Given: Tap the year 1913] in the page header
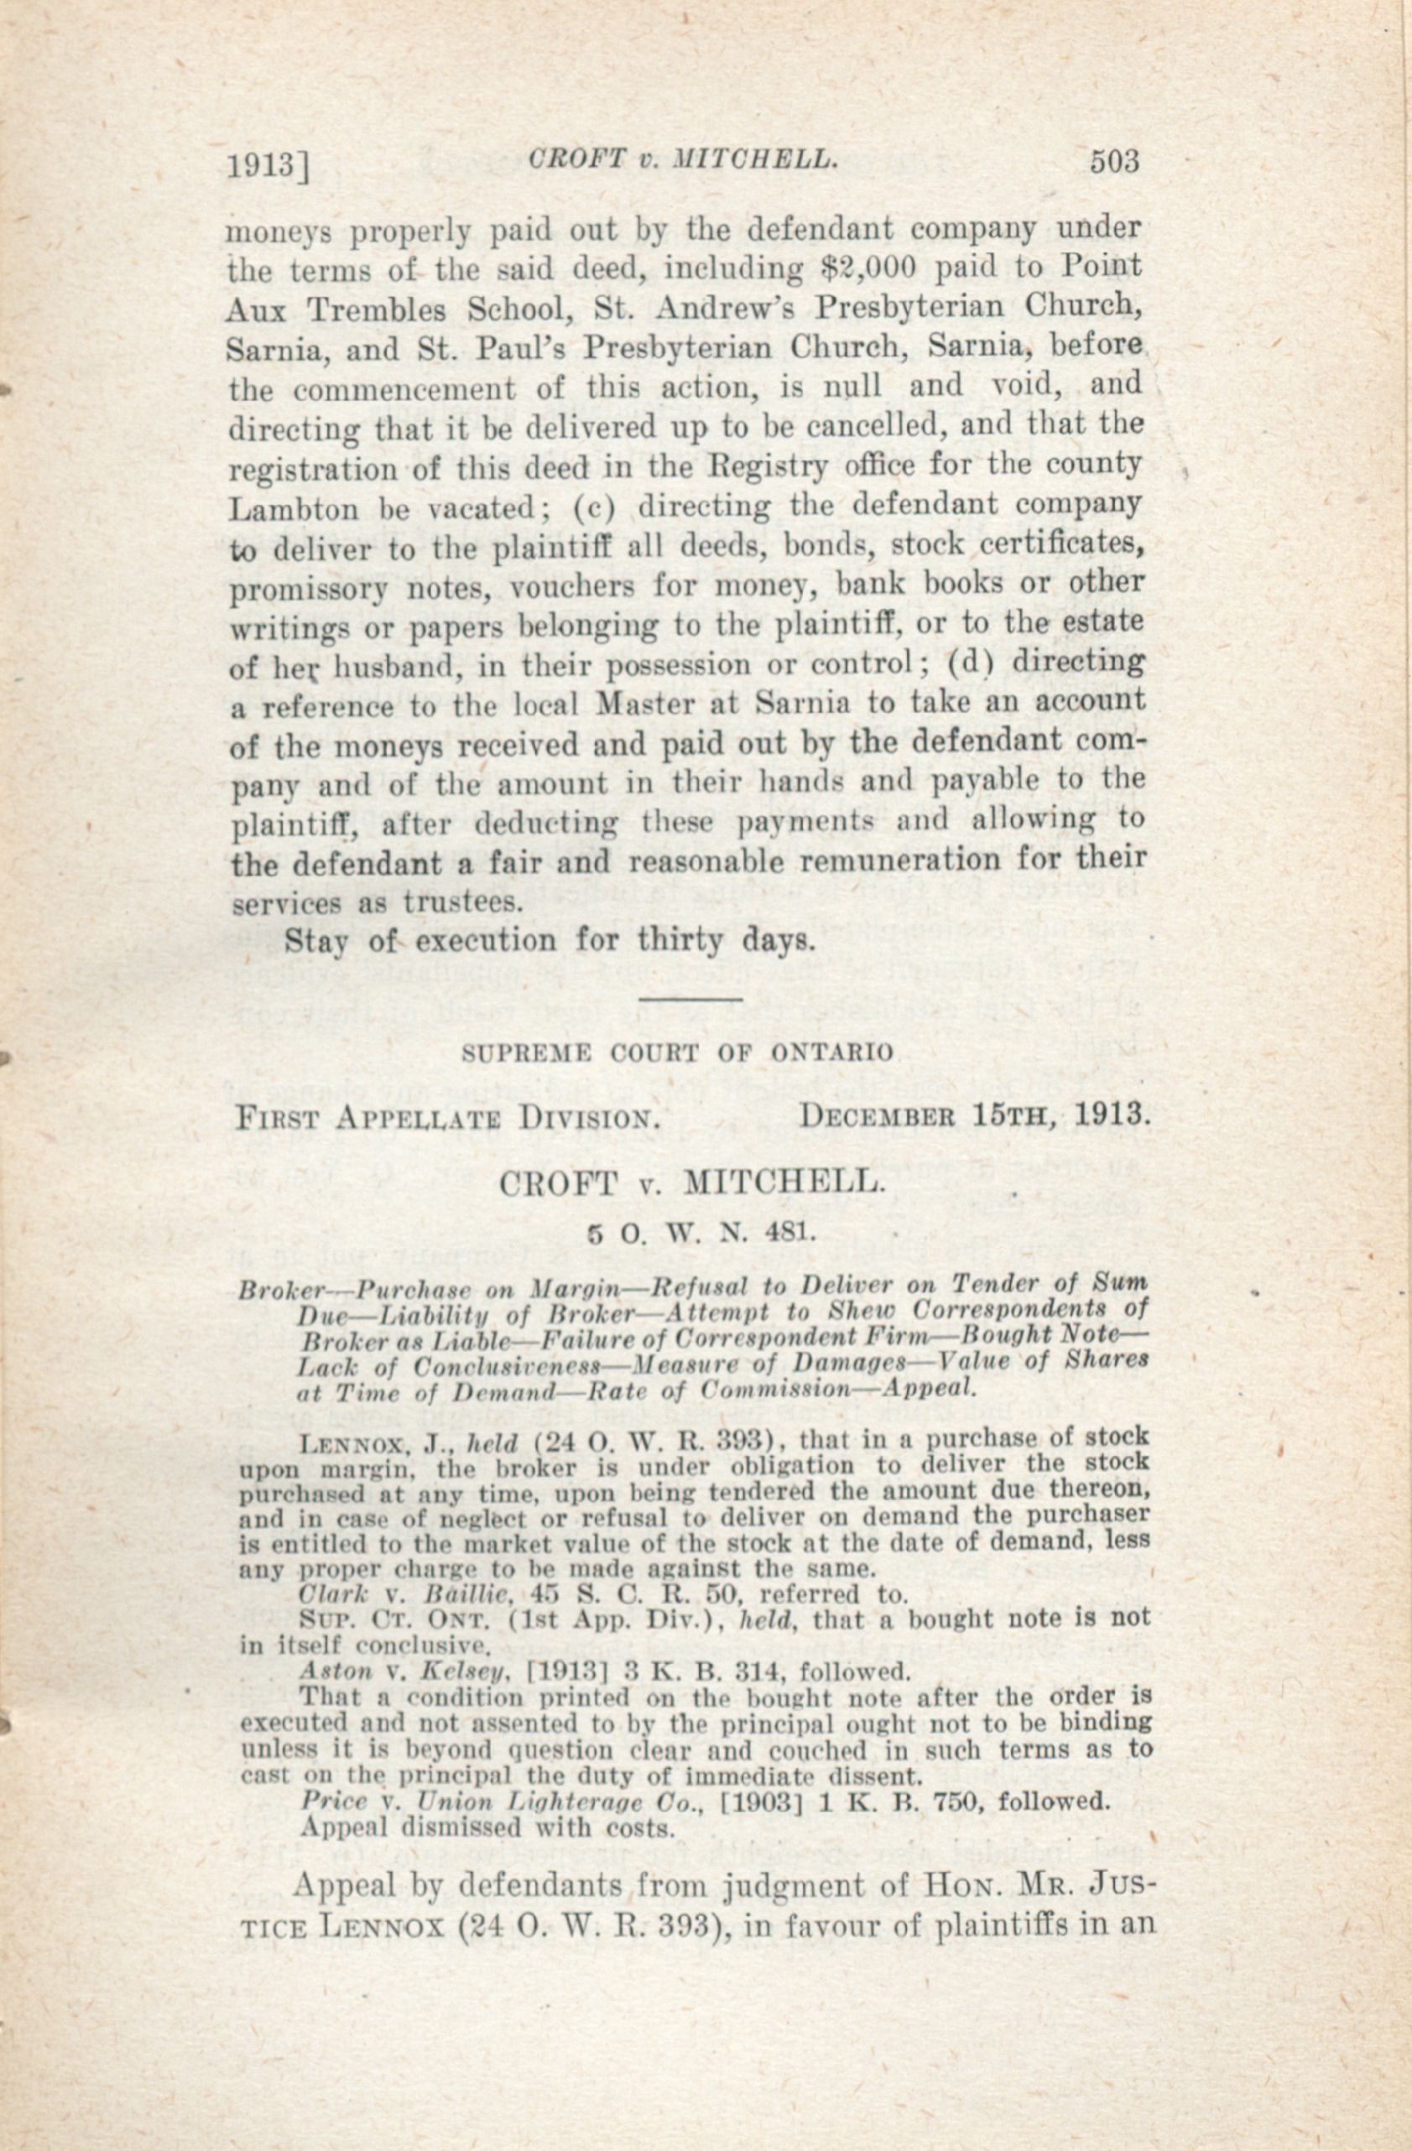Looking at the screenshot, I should [x=268, y=166].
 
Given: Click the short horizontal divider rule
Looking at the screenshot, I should [x=690, y=999].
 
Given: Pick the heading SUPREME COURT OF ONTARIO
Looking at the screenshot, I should [x=677, y=1052].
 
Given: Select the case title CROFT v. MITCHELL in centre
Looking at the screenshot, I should [x=689, y=1182].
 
